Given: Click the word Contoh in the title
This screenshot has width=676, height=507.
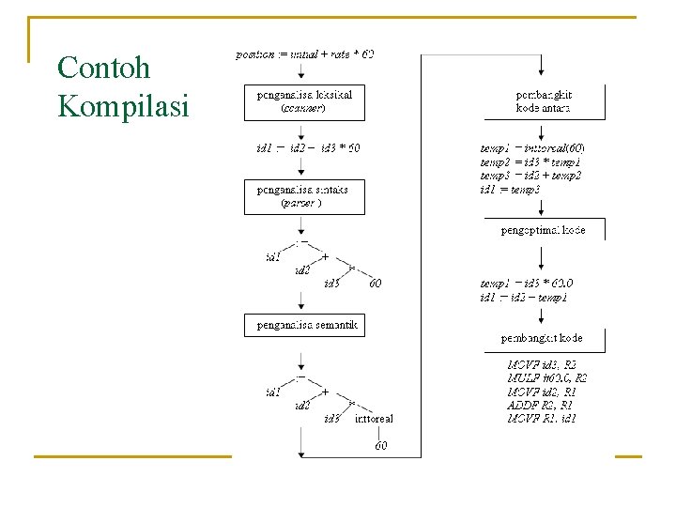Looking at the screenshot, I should pos(103,68).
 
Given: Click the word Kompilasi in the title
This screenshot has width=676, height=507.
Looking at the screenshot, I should pos(123,105).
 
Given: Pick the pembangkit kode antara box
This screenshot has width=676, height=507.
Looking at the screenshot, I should pos(545,101).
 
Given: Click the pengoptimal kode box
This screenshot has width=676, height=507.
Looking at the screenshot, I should pos(544,230).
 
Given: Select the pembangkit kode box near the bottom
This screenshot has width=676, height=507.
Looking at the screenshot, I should pos(542,338).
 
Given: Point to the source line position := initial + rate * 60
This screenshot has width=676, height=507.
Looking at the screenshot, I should pos(304,54).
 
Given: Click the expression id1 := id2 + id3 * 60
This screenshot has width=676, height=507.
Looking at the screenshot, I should pos(307,148).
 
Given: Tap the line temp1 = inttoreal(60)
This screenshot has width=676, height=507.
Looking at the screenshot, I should pos(532,148).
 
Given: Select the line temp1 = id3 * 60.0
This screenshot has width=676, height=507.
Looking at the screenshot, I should pos(526,283).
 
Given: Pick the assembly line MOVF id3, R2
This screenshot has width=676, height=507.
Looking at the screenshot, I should pos(543,363).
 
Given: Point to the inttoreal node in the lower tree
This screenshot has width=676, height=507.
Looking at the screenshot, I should pos(374,419).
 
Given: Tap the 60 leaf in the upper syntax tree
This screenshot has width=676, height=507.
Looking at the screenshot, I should pos(375,283).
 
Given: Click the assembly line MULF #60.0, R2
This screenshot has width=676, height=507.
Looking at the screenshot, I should pos(547,377).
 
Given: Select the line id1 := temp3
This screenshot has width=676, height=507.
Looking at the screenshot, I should pos(511,190).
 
